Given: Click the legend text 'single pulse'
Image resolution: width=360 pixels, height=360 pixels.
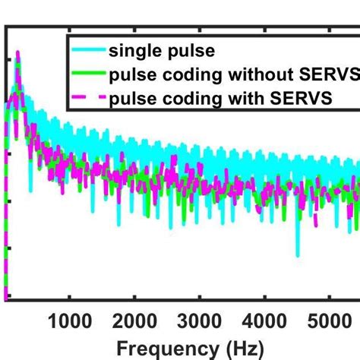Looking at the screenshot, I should [x=152, y=52].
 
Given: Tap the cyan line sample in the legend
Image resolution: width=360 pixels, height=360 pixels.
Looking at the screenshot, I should [x=87, y=52].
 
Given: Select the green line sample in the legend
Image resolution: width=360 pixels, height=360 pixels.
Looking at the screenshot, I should [x=87, y=75].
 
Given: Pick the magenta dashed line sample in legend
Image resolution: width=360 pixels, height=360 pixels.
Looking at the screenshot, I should [x=87, y=99].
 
